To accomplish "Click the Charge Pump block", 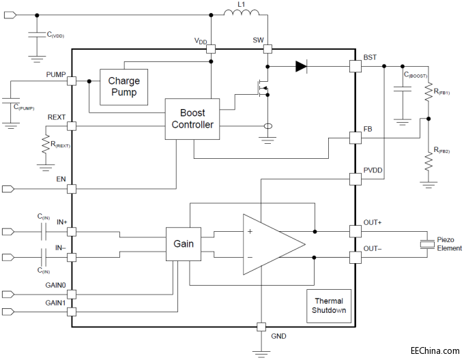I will (x=123, y=87).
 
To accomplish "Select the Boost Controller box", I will (x=192, y=119).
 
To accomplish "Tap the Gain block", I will (x=184, y=243).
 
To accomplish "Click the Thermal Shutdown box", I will (x=329, y=305).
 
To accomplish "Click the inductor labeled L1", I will (x=242, y=14).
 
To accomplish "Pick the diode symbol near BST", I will (x=301, y=66).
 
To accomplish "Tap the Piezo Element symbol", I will (x=427, y=244).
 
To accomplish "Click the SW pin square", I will (x=267, y=48).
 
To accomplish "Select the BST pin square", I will (x=354, y=66).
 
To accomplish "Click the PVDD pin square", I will (x=354, y=179).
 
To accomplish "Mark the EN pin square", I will (x=72, y=188).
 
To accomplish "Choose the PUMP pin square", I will (x=72, y=81).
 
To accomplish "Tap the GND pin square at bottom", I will (x=261, y=327).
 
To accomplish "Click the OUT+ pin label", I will (x=373, y=222).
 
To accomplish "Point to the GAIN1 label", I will (x=55, y=302).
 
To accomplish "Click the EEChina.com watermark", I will (x=435, y=350).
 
